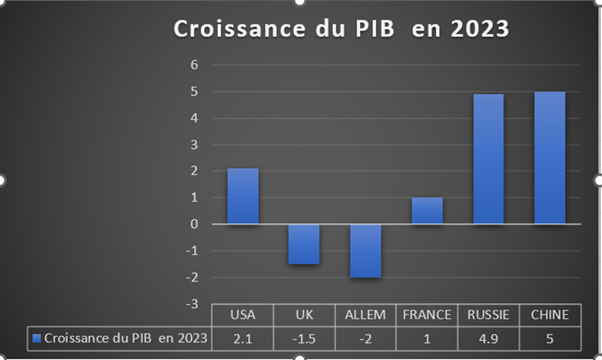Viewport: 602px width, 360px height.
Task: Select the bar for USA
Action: (x=243, y=196)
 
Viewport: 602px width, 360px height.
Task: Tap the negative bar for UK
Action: (x=304, y=244)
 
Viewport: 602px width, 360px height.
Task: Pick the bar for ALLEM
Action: (x=365, y=250)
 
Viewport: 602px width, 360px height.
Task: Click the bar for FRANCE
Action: (x=427, y=210)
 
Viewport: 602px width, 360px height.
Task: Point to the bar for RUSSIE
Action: (x=488, y=158)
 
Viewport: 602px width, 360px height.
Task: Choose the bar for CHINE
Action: (x=550, y=158)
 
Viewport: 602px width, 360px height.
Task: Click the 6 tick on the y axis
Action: (x=195, y=65)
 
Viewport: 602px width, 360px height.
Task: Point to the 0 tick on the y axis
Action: (x=195, y=224)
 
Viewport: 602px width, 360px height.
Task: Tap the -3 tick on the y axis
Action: (x=192, y=304)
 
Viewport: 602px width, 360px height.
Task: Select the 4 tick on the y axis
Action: (x=195, y=118)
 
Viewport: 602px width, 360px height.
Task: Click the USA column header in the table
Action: (x=243, y=315)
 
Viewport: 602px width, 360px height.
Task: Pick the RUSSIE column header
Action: (x=488, y=315)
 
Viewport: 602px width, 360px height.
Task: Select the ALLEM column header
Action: (x=365, y=315)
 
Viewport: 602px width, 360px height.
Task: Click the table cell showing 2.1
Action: (x=243, y=338)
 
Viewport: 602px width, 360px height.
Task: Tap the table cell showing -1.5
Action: (x=304, y=338)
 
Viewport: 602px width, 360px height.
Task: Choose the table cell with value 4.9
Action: (x=488, y=338)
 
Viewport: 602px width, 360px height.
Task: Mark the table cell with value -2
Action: (x=365, y=338)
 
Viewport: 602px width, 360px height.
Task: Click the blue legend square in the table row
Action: (x=36, y=338)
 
